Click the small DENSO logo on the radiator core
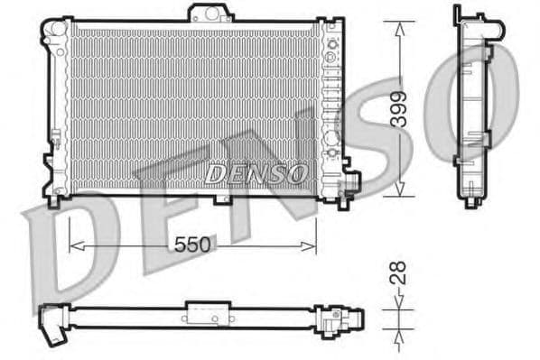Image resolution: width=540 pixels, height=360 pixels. (x=256, y=172)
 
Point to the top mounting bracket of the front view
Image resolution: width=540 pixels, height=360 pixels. (x=209, y=14)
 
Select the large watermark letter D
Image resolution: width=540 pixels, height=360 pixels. (x=68, y=244)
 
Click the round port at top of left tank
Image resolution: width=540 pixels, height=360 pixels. (x=58, y=27)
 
